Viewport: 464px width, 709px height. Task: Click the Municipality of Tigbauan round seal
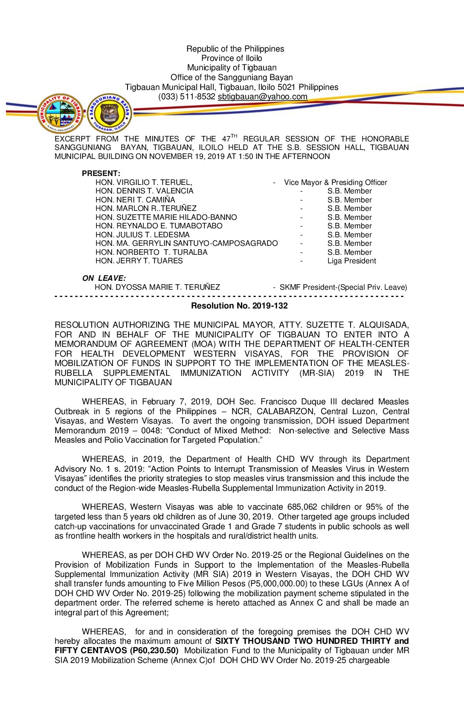(61, 113)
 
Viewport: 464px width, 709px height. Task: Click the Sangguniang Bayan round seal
(110, 113)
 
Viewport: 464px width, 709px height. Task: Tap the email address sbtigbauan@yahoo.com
(262, 97)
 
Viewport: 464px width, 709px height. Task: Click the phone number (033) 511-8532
(186, 97)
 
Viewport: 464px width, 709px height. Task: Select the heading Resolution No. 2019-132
(239, 306)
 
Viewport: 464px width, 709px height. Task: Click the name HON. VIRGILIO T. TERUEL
(143, 182)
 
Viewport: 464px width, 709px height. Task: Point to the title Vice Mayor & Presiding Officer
(335, 182)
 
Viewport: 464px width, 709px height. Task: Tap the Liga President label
(351, 261)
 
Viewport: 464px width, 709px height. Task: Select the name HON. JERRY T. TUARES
(139, 261)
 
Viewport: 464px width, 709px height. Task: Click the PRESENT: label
(101, 173)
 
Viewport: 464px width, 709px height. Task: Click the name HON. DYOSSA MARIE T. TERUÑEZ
(157, 287)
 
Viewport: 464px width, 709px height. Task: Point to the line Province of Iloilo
(232, 58)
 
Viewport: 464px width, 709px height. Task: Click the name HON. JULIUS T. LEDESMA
(142, 235)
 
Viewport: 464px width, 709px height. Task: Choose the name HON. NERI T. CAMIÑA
(135, 200)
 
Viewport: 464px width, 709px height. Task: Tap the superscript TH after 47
(234, 136)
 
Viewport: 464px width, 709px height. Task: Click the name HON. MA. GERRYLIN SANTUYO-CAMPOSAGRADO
(186, 243)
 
